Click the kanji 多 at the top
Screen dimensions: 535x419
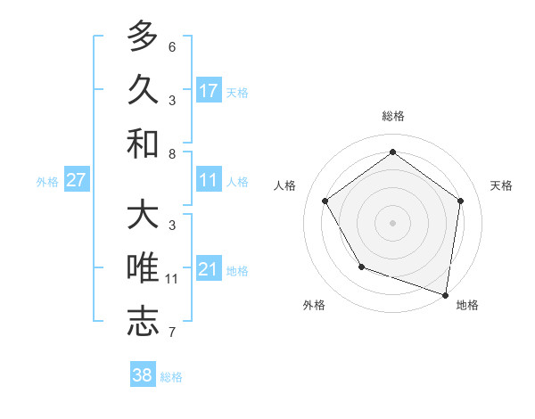click(x=143, y=37)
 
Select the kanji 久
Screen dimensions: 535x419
click(x=143, y=89)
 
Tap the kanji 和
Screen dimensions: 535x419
click(x=143, y=143)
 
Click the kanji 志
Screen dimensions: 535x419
click(x=143, y=322)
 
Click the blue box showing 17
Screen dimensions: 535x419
click(x=209, y=90)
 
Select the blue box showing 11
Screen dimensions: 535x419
click(x=209, y=180)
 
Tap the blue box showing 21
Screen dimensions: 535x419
click(x=209, y=269)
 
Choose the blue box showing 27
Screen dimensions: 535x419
click(x=77, y=180)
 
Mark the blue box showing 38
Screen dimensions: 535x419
click(x=143, y=375)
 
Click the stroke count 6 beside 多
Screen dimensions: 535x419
click(x=172, y=47)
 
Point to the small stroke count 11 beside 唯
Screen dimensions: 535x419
click(x=172, y=279)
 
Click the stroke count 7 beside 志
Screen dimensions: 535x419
click(x=172, y=333)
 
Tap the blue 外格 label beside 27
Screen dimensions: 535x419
click(x=47, y=181)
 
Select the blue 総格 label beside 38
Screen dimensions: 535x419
click(x=171, y=377)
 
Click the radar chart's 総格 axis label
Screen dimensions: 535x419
click(x=392, y=117)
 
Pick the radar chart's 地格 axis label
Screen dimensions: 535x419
click(x=467, y=305)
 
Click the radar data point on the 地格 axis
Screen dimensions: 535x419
click(x=446, y=294)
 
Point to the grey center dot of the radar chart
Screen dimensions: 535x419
click(x=392, y=222)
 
